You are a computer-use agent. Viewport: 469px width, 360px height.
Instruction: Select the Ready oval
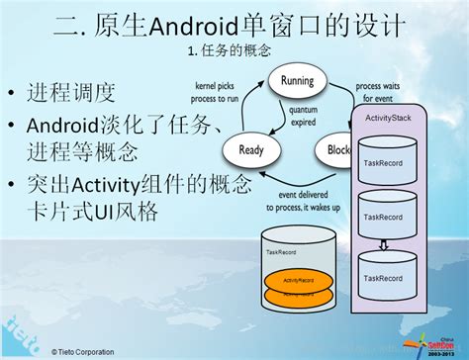[x=252, y=150]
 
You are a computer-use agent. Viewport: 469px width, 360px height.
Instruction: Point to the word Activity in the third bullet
[x=108, y=184]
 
